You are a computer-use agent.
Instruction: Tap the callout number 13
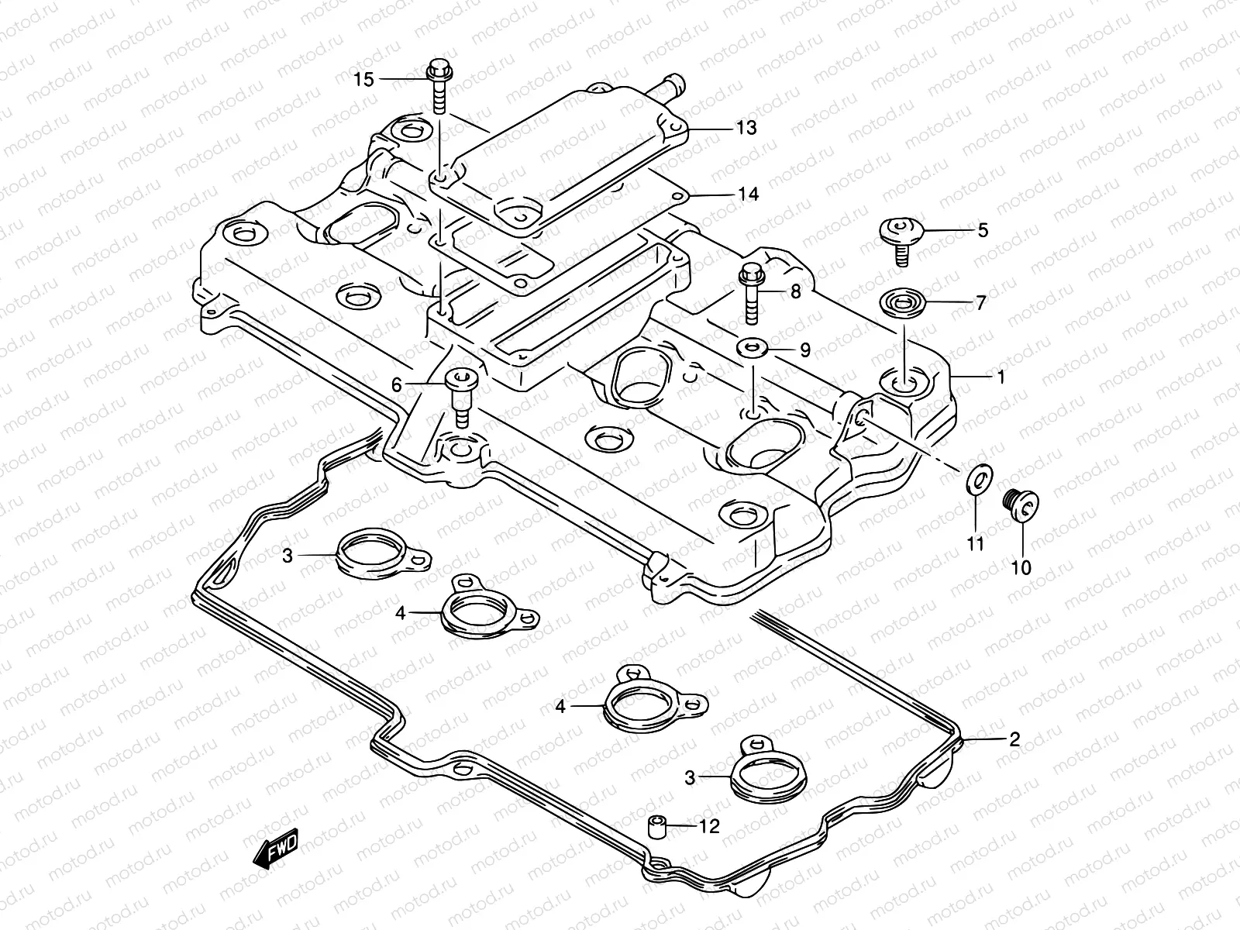tap(746, 128)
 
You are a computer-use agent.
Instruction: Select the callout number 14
tap(747, 194)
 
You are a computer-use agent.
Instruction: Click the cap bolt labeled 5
tap(899, 236)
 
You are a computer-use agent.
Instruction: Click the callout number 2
tap(1013, 739)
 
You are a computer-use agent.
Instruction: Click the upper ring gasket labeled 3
tap(372, 553)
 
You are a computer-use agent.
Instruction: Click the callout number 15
tap(363, 79)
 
